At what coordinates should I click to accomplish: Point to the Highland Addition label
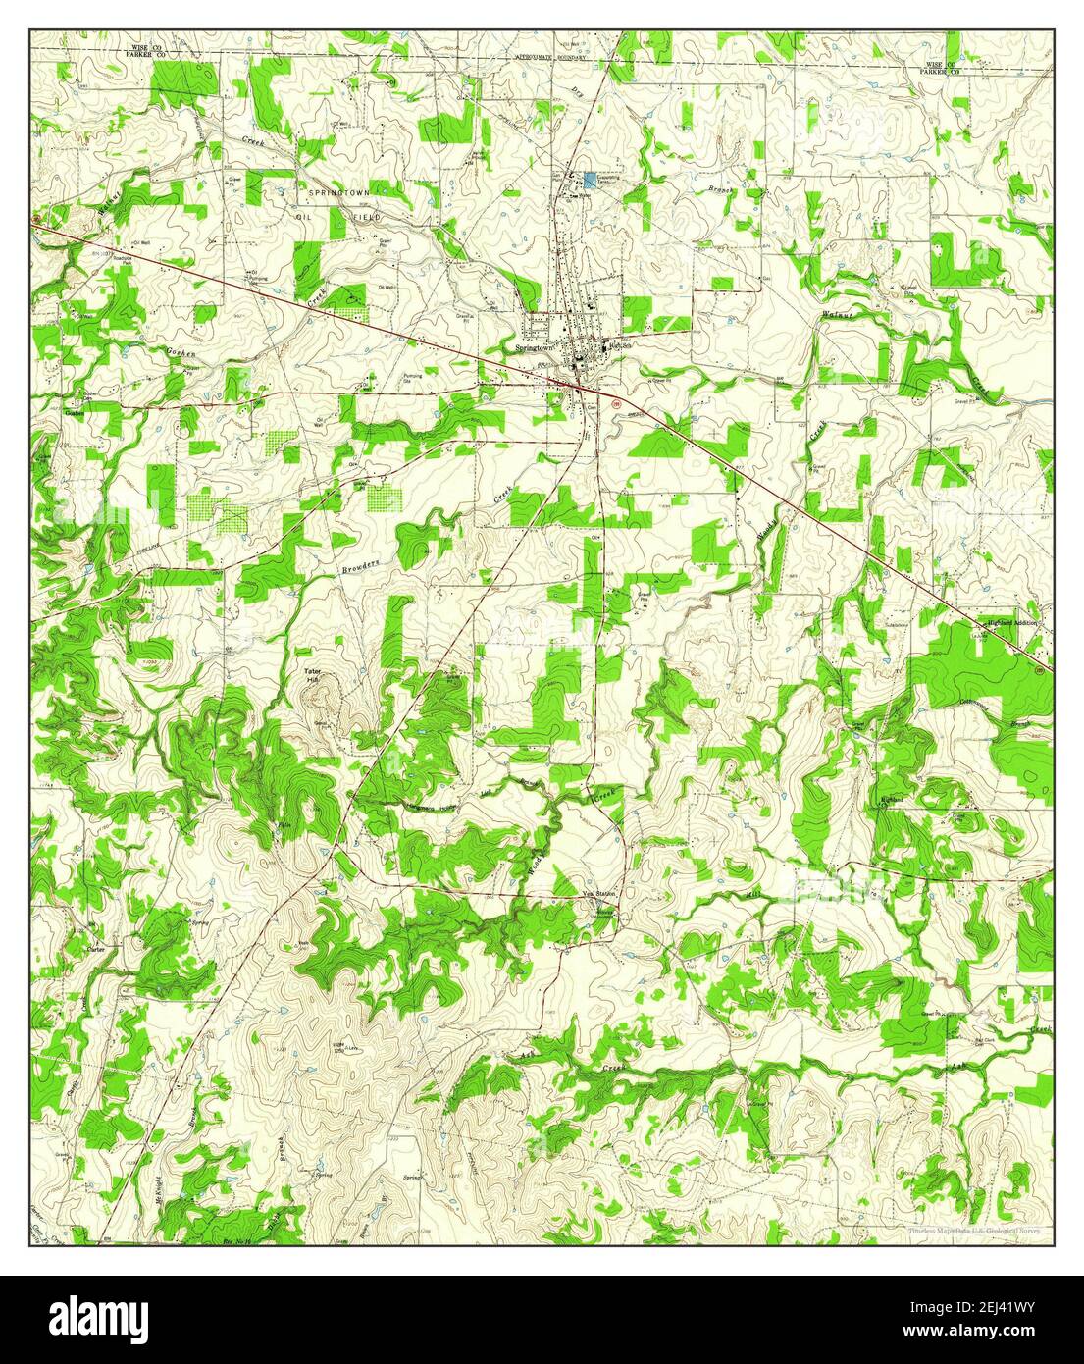point(1010,624)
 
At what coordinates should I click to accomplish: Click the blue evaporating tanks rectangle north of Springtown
point(591,179)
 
